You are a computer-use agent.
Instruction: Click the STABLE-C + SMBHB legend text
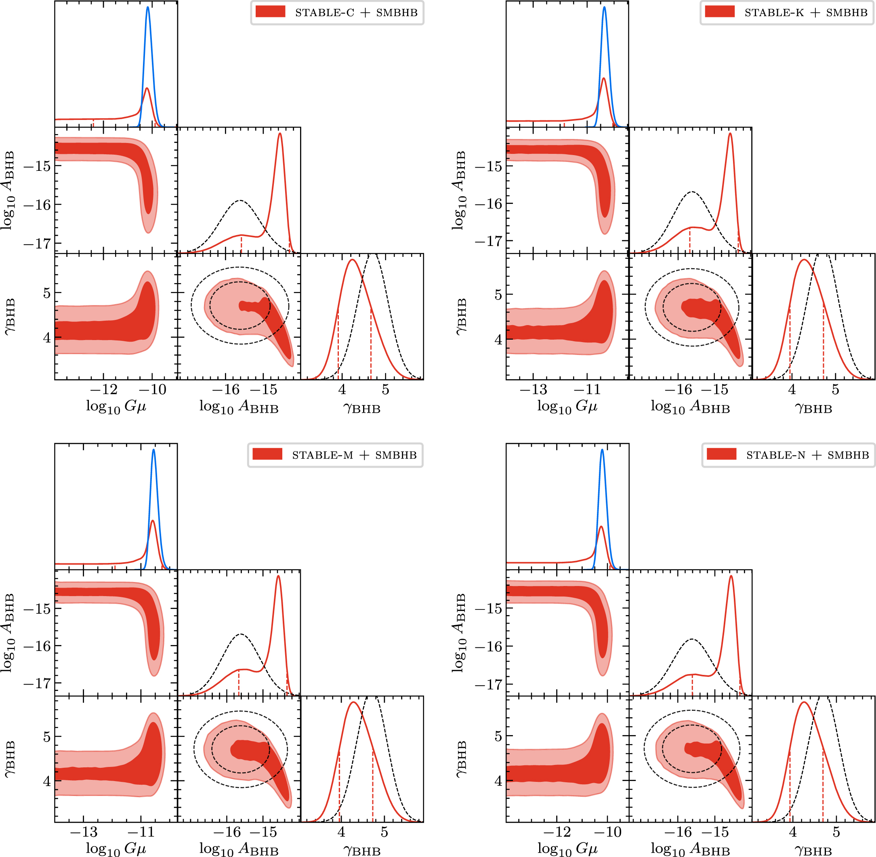tap(356, 13)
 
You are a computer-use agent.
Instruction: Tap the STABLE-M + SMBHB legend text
tap(354, 455)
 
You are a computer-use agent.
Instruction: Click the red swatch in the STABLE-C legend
tap(270, 12)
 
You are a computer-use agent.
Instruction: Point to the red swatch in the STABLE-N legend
tap(721, 454)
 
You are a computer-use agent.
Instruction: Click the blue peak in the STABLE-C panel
tap(148, 8)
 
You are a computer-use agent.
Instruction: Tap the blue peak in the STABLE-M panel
tap(153, 450)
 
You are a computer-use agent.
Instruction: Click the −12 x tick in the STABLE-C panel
tap(103, 389)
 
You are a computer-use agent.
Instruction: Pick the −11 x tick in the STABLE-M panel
tap(141, 832)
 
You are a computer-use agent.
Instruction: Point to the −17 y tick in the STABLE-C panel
tap(37, 244)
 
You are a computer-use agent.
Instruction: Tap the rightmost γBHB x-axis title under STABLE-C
tap(362, 408)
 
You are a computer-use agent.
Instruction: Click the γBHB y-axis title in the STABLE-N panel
tap(460, 759)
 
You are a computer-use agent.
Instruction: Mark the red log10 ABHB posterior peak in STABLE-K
tap(730, 134)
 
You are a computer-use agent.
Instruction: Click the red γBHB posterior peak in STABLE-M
tap(353, 703)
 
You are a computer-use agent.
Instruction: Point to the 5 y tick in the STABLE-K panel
tap(498, 295)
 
